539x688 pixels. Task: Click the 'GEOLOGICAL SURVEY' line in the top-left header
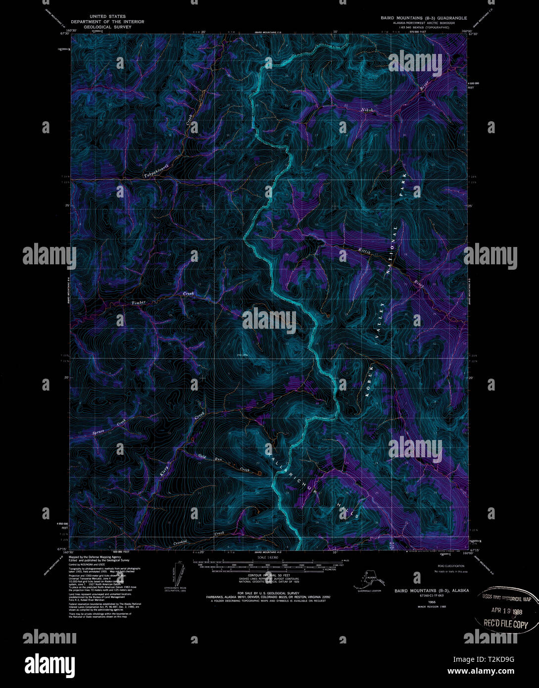click(x=107, y=27)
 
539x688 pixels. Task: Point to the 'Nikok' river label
click(x=367, y=109)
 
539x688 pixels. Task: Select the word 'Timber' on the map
click(x=139, y=302)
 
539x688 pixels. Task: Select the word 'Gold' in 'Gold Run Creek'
click(x=202, y=455)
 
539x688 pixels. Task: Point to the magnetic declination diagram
click(x=178, y=574)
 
